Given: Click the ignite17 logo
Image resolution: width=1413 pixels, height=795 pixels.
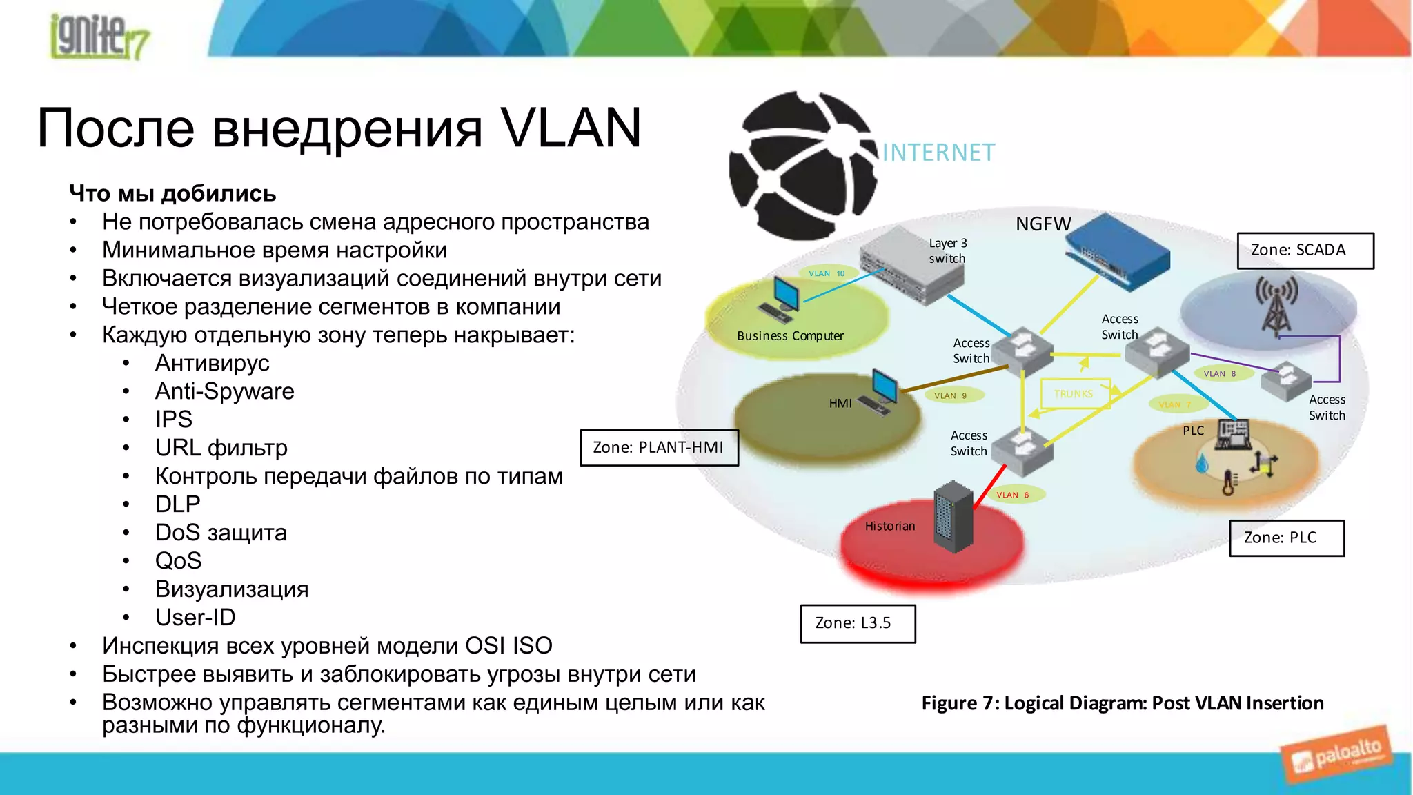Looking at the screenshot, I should [x=98, y=36].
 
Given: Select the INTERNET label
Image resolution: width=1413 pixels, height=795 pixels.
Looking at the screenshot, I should [x=938, y=153].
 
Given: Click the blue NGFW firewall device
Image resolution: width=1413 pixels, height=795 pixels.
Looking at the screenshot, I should [x=1118, y=251].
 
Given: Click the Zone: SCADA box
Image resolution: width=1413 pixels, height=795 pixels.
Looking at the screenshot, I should [x=1305, y=251].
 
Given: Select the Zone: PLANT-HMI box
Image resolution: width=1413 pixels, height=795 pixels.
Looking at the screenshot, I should [x=659, y=447].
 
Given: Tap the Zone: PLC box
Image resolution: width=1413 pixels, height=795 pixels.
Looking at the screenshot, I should [x=1286, y=538].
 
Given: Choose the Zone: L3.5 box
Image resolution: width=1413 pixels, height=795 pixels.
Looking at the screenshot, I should [x=858, y=623].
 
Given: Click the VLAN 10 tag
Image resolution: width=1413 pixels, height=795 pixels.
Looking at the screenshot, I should [x=827, y=273].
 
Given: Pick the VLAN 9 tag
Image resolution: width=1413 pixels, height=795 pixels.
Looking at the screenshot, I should [x=950, y=395].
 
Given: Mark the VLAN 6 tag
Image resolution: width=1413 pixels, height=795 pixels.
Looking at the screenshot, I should [x=1012, y=495].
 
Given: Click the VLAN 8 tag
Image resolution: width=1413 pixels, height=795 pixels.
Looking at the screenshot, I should [x=1219, y=373].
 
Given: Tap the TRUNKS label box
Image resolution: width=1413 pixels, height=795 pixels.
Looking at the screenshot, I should [x=1074, y=394].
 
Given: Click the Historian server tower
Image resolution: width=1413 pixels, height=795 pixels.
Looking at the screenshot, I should [x=953, y=517].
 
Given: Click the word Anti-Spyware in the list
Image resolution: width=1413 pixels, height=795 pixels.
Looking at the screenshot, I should [x=224, y=391].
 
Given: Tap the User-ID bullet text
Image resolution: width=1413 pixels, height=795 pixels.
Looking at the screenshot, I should [x=195, y=617].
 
